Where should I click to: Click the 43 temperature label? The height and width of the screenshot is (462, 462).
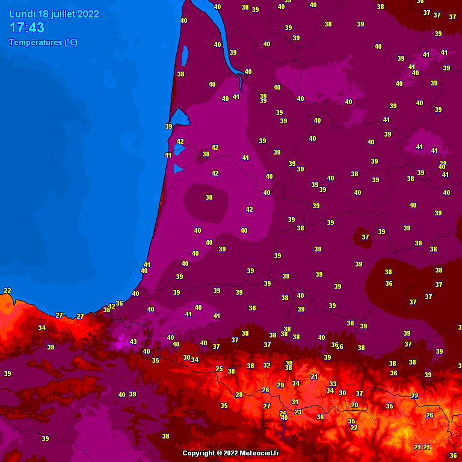click(133, 342)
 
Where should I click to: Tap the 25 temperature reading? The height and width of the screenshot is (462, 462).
click(219, 369)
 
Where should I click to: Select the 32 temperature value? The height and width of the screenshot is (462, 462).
click(266, 365)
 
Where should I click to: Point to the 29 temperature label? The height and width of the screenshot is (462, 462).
click(280, 385)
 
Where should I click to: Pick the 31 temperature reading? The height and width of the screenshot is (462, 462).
click(295, 402)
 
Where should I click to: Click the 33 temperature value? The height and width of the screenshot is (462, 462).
click(333, 384)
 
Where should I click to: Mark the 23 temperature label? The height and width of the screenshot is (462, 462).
click(298, 412)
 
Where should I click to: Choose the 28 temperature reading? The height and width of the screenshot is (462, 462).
click(239, 395)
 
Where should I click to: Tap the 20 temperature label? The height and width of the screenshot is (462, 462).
click(354, 405)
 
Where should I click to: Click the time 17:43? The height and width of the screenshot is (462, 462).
click(27, 28)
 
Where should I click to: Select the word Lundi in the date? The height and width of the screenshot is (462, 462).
click(21, 14)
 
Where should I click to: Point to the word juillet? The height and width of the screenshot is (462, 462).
click(63, 14)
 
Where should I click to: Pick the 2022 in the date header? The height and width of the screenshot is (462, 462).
click(88, 14)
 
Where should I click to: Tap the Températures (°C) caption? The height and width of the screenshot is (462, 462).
click(43, 43)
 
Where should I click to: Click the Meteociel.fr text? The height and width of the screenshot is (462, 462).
click(260, 453)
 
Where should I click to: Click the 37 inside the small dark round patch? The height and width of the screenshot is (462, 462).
click(365, 237)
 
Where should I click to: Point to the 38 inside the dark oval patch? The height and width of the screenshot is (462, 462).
click(209, 197)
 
